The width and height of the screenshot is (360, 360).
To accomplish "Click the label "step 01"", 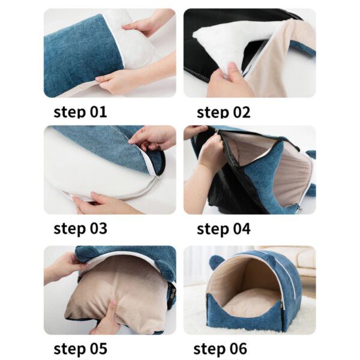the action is (x=80, y=112).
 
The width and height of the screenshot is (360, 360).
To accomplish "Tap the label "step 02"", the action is (x=223, y=112).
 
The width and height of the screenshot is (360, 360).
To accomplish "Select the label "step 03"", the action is (x=80, y=229).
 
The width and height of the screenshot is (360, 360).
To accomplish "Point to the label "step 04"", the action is (x=224, y=229).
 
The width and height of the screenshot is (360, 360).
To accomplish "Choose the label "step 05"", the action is (x=80, y=349).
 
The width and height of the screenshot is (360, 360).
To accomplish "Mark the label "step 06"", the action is (x=220, y=349).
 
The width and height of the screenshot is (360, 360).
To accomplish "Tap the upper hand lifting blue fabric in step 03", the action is (x=152, y=138).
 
